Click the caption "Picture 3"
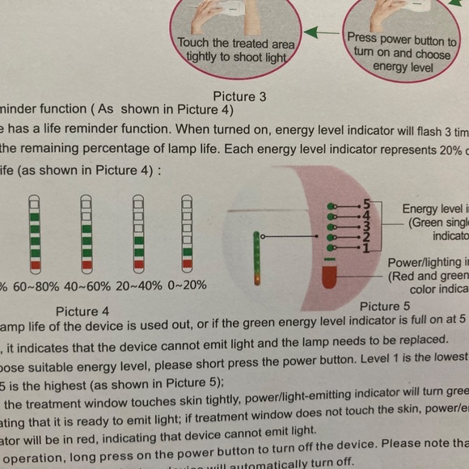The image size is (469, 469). (239, 97)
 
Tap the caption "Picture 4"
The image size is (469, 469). (82, 311)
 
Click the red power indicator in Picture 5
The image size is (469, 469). (328, 277)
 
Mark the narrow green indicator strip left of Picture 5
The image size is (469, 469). (257, 258)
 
